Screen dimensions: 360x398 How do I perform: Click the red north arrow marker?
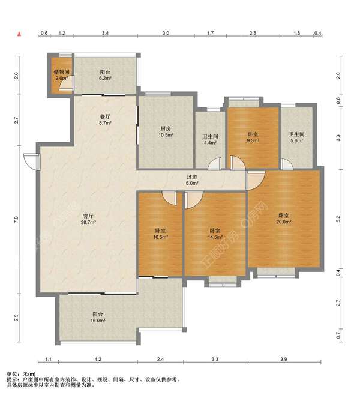coord(19,34)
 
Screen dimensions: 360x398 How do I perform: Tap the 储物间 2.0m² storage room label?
coord(62,75)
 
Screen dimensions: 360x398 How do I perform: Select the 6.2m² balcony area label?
coord(105,75)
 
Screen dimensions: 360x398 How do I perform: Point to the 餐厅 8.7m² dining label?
coord(105,120)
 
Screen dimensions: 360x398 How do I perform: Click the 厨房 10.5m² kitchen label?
coord(166,132)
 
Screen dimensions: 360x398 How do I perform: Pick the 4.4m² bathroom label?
coord(211,140)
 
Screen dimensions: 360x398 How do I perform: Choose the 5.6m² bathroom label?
coord(297,137)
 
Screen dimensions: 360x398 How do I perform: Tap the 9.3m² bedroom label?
coord(253,137)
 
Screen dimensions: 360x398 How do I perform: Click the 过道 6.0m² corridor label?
coord(192,179)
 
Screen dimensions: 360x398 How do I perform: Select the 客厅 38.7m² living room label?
coord(88,219)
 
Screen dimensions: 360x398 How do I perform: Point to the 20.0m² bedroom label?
coord(283,219)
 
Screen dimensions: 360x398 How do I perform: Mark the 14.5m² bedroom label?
coord(215,234)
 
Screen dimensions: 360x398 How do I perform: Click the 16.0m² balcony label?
coord(98,318)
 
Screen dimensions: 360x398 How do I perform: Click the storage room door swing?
coord(67,83)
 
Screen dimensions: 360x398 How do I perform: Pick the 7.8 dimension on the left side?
coord(16,220)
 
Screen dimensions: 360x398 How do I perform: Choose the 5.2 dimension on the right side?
coord(338,219)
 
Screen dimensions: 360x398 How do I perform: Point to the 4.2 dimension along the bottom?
coord(98,359)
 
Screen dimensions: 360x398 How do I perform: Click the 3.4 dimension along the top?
coord(105,33)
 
